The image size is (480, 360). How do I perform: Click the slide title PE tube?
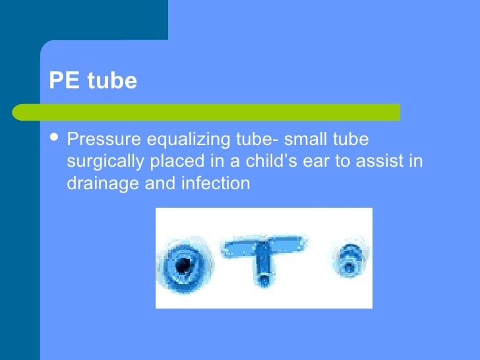coord(93,81)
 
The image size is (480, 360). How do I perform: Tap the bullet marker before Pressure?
coord(55,139)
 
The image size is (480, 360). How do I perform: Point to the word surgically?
coord(100,162)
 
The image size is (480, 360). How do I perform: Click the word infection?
coord(214,183)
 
